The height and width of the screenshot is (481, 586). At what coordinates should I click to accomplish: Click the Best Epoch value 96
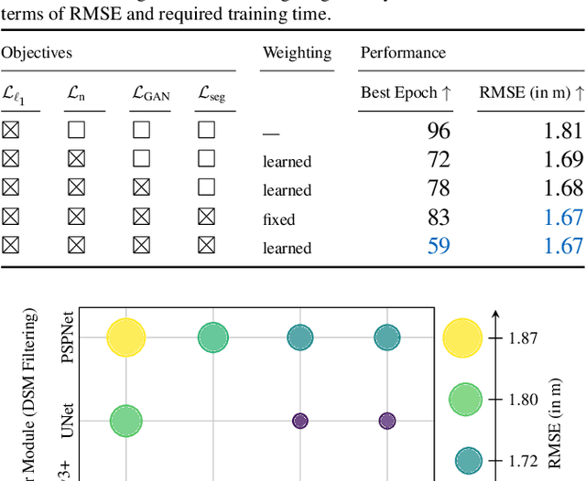(x=438, y=131)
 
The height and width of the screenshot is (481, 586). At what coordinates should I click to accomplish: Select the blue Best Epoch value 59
(x=438, y=246)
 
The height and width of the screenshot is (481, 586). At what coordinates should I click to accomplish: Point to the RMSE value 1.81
(x=563, y=131)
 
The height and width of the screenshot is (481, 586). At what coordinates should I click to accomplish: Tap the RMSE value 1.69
(x=563, y=160)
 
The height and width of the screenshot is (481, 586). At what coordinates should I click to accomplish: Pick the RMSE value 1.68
(x=563, y=188)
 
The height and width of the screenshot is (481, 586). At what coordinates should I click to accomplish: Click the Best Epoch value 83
(x=438, y=218)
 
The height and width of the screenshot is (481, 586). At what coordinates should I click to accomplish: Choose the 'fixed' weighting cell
(x=278, y=219)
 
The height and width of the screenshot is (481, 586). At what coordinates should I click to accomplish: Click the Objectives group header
(x=36, y=54)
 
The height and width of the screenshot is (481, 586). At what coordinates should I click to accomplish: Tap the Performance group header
(x=402, y=54)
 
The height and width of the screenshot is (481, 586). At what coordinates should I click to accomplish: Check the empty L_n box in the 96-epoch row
(x=76, y=132)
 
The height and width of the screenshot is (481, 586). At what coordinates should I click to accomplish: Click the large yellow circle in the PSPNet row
(x=125, y=337)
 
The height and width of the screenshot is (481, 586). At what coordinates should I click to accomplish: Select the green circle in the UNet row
(x=125, y=421)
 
